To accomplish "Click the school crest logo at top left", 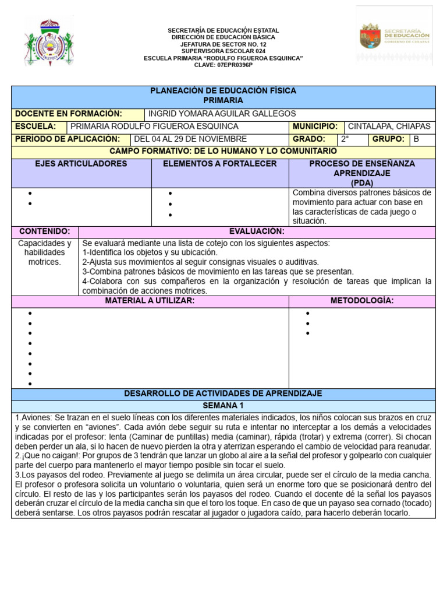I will click(x=49, y=42).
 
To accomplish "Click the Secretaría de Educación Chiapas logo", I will click(x=395, y=36).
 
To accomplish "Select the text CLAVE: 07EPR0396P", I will click(x=223, y=65).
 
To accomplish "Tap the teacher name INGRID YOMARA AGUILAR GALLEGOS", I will click(x=222, y=114).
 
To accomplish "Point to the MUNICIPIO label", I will click(x=315, y=127).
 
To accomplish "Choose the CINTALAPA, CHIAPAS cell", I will click(x=389, y=127).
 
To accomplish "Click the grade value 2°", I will click(x=345, y=139).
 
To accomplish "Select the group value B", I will click(x=416, y=139).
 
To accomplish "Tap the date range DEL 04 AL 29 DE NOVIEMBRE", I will click(x=190, y=139).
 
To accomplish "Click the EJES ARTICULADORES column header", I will click(x=81, y=164).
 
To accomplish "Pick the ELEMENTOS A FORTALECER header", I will click(x=219, y=164).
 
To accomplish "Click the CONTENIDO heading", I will click(x=45, y=231).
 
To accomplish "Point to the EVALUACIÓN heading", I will click(x=256, y=231).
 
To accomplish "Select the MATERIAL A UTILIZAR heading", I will click(x=150, y=300).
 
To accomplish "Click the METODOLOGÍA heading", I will click(x=361, y=300).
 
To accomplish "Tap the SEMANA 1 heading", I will click(x=223, y=405).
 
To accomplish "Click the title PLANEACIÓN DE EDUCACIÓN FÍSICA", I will click(x=223, y=91).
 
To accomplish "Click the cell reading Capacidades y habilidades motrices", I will click(x=45, y=252).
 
